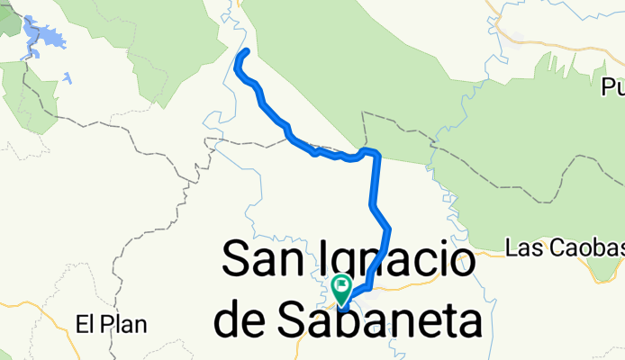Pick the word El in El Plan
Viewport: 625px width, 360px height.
(85, 323)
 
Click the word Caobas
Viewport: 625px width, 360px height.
(585, 246)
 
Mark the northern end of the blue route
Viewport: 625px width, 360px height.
(246, 50)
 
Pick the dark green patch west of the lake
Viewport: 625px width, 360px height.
(8, 22)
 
